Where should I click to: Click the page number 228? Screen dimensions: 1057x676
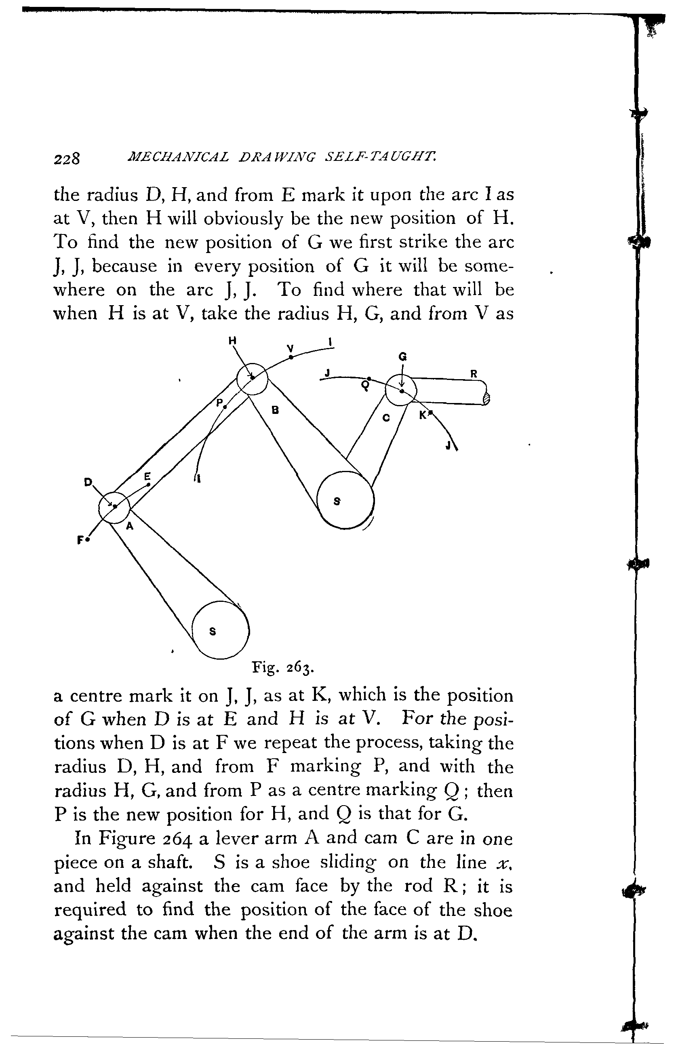(67, 158)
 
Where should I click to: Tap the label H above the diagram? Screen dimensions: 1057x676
(232, 340)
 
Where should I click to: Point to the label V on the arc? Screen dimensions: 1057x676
(290, 348)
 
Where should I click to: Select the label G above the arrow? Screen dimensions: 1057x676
(402, 357)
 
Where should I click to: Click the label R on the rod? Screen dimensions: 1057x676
(474, 374)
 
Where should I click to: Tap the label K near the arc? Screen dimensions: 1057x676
(422, 415)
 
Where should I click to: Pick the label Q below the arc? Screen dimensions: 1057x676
(365, 386)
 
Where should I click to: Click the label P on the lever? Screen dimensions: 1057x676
(219, 402)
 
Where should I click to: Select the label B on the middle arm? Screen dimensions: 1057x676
(275, 410)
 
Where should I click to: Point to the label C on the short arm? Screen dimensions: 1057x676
(386, 418)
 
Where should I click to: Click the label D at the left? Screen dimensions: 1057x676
(88, 482)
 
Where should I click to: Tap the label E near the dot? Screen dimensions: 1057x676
(147, 476)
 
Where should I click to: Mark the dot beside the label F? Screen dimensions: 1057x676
(88, 539)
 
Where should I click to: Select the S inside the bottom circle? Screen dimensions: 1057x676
(213, 631)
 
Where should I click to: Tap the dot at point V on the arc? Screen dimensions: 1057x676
(291, 357)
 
